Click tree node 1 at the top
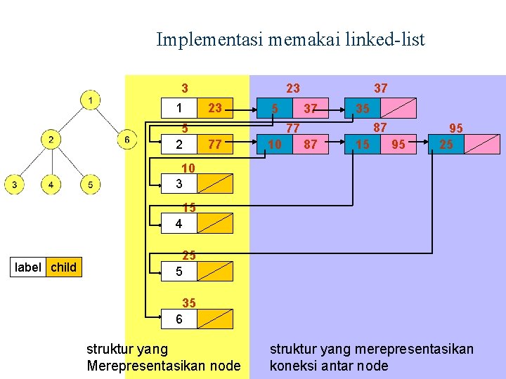coord(89,101)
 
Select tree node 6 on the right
coord(126,140)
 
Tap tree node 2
coord(51,140)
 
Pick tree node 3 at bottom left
coord(14,185)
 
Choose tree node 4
coord(51,185)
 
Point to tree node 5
coord(89,185)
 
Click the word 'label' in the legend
coord(28,267)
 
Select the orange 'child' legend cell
coord(64,267)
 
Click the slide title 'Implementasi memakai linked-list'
coord(290,39)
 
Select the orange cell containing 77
coord(215,145)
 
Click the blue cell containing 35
coord(363,109)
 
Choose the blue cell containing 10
coord(275,145)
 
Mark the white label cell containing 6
coord(179,319)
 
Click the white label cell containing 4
coord(179,224)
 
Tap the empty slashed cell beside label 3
coord(215,184)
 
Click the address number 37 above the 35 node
coord(380,88)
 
